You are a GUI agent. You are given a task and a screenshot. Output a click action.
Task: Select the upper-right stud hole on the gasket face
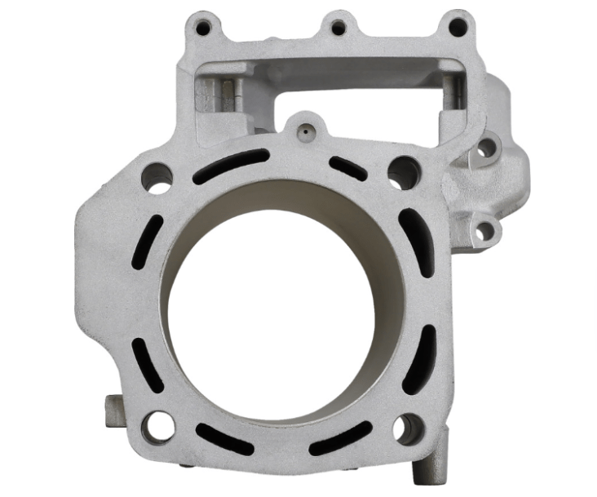(403, 172)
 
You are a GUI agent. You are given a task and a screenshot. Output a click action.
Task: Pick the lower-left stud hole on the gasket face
(157, 425)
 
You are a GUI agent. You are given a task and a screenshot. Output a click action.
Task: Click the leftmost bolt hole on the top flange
(202, 28)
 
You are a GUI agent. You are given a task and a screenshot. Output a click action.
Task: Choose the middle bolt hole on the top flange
(338, 28)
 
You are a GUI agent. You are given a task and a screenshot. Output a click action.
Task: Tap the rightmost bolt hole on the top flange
(458, 27)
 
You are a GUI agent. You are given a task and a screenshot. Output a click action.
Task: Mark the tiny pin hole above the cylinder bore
(303, 129)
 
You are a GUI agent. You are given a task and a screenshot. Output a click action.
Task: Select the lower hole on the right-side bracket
(484, 231)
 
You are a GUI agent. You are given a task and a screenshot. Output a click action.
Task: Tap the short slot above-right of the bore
(348, 167)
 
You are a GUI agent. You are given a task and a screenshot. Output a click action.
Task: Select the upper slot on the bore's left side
(148, 242)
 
